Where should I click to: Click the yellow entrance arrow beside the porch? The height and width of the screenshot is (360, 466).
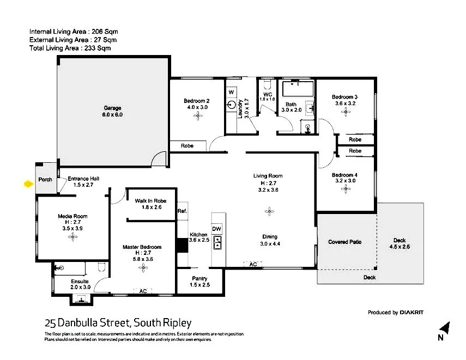(27, 184)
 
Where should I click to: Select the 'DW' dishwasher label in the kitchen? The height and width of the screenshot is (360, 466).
(216, 228)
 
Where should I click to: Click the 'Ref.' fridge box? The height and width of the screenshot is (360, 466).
(182, 211)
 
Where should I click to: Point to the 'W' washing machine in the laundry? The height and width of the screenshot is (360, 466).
(231, 93)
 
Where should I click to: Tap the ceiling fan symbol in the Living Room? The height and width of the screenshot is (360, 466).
(268, 209)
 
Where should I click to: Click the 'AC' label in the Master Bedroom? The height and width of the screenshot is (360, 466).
(143, 291)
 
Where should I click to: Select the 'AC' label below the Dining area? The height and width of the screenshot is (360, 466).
(252, 264)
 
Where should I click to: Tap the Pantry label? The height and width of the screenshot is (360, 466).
(199, 278)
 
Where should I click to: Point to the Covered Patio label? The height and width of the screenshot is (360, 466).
(344, 242)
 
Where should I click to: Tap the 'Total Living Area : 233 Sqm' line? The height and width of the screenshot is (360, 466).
(70, 48)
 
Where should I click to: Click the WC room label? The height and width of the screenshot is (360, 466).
(267, 94)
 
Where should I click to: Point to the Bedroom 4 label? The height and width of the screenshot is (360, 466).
(344, 175)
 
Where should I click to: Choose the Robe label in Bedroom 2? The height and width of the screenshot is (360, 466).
(187, 146)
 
